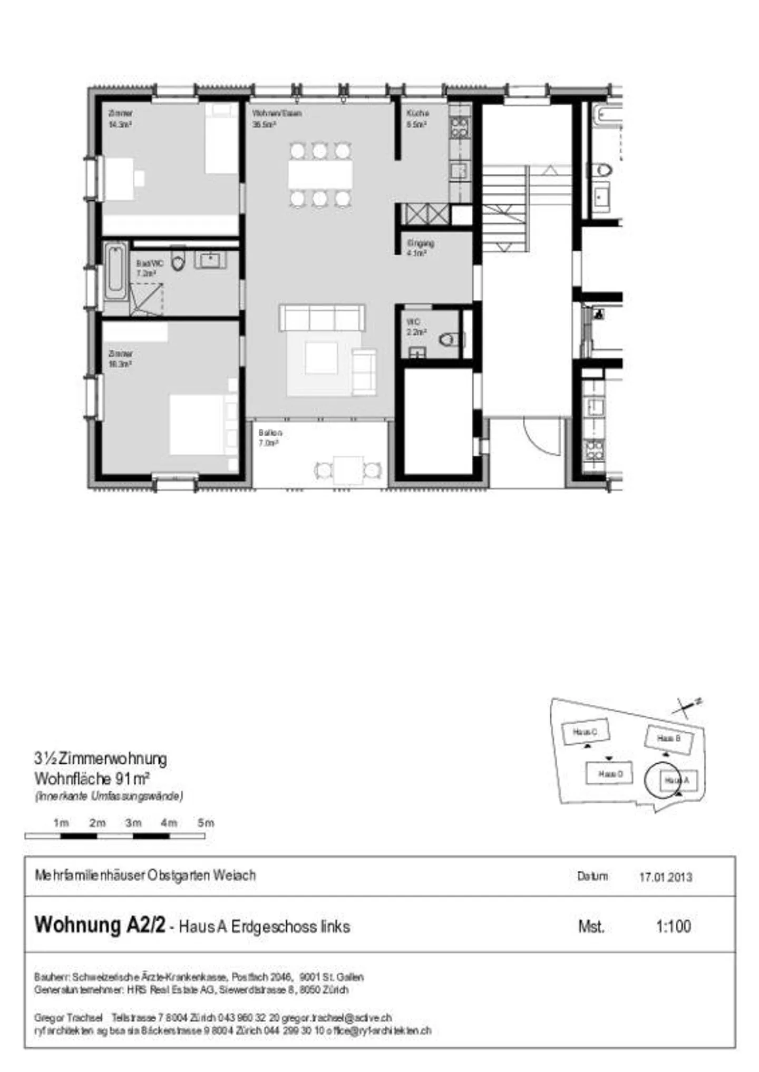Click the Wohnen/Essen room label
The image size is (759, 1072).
[277, 113]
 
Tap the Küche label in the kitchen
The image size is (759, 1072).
[417, 113]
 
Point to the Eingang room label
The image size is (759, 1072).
[420, 243]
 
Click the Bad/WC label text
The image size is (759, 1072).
[150, 263]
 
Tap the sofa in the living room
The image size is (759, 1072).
[322, 318]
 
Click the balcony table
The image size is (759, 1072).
[348, 470]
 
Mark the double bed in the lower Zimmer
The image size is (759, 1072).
[198, 425]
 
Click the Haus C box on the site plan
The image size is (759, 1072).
[585, 732]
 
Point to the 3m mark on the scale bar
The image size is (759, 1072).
[133, 823]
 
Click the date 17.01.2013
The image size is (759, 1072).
[665, 877]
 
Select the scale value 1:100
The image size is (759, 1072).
[673, 926]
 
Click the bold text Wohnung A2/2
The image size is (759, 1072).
[100, 925]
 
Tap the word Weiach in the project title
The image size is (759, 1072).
[235, 876]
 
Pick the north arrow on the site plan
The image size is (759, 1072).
[685, 707]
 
